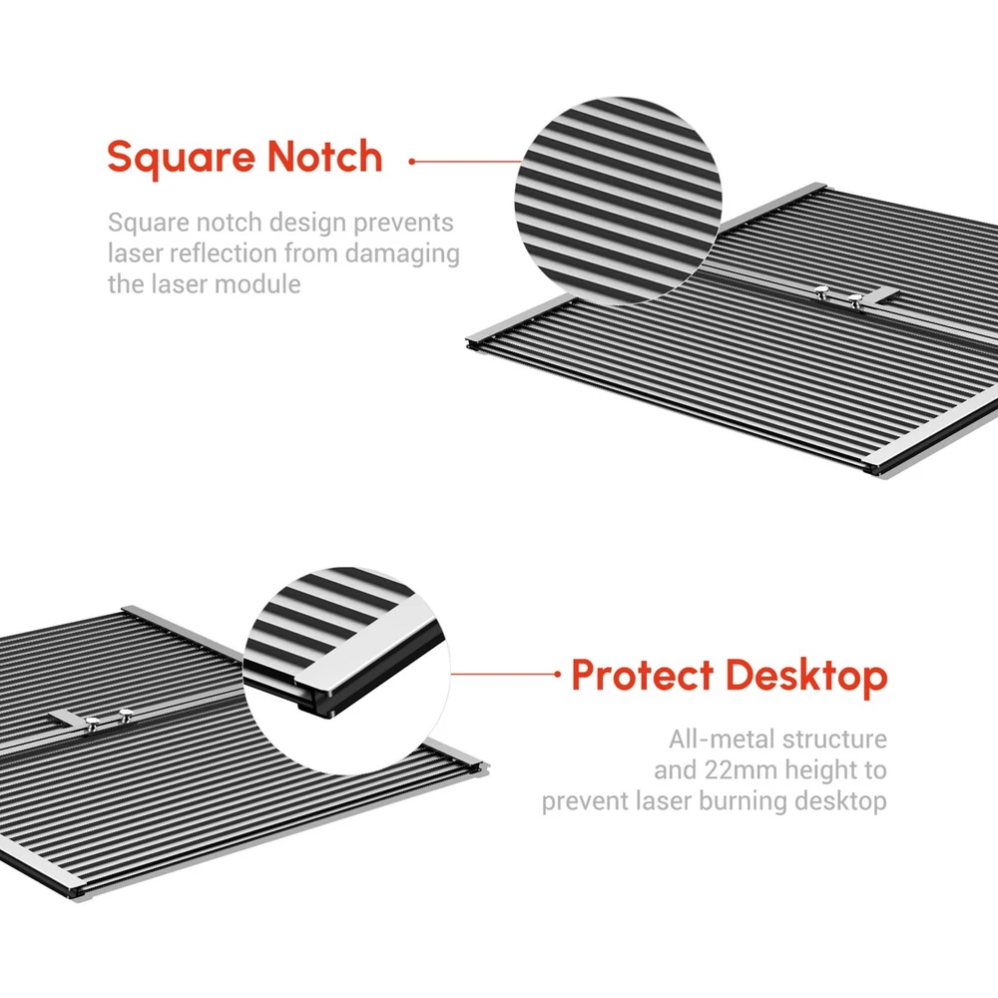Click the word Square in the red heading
tap(180, 158)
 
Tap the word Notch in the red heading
tap(324, 156)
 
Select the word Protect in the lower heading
tap(642, 675)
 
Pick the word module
tap(259, 283)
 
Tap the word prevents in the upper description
tap(403, 224)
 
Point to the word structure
tap(834, 740)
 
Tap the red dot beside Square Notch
tap(412, 162)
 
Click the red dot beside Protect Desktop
tap(558, 674)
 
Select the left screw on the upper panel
tap(821, 292)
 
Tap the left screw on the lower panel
tap(92, 722)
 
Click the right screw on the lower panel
tap(126, 714)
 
